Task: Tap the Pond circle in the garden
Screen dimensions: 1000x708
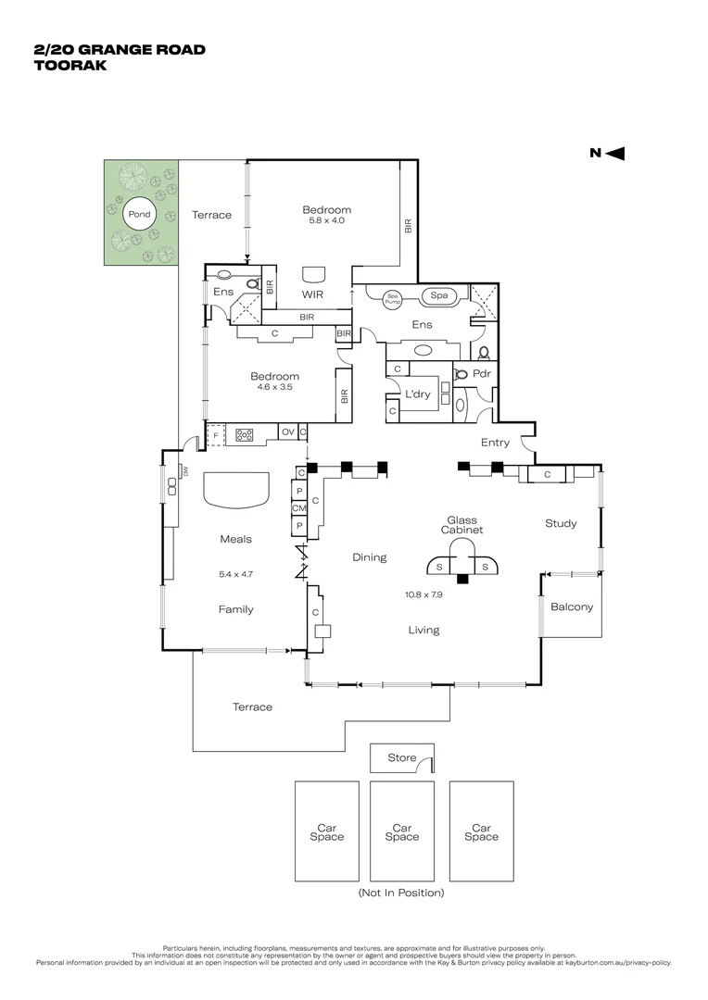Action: point(139,215)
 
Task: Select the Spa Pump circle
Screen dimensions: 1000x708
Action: point(393,297)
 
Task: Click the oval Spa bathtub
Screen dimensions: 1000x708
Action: point(439,296)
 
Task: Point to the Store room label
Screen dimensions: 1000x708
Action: point(402,757)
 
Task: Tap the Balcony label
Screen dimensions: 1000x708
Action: point(572,607)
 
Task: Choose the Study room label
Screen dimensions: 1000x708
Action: point(560,523)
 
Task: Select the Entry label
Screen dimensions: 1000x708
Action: point(495,443)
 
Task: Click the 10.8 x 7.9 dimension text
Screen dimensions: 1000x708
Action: point(424,594)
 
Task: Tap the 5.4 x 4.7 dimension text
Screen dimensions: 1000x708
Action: point(235,574)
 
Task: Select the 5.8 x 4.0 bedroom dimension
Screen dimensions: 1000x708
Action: point(326,220)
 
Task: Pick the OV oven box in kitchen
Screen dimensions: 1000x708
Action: point(287,432)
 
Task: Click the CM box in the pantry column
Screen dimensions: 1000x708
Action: point(299,508)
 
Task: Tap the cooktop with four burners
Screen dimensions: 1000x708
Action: point(246,433)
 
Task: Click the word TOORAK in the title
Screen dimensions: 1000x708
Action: point(70,66)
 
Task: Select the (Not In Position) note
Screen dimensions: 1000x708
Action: point(401,893)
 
